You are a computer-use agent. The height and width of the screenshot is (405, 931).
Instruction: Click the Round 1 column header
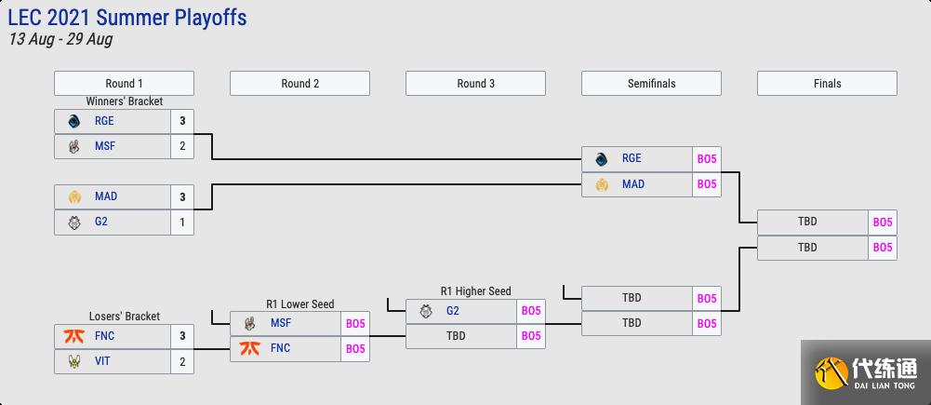coord(124,83)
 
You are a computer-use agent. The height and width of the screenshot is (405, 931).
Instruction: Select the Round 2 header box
coord(299,83)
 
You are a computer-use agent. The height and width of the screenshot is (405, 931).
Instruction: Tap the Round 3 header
coord(475,83)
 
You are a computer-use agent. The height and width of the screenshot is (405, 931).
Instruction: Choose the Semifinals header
coord(651,83)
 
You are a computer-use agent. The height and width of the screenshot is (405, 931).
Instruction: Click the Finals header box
coord(827,83)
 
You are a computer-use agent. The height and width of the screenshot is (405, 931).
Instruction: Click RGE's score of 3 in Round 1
coord(182,120)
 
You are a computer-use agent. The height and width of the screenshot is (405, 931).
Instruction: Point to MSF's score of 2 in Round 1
coord(182,146)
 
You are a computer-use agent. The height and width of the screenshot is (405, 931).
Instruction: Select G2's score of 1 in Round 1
coord(182,223)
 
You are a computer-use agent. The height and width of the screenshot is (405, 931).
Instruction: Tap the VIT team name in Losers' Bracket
coord(102,361)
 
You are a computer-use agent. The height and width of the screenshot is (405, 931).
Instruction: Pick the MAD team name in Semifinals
coord(632,184)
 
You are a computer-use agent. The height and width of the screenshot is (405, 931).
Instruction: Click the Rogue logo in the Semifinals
coord(602,158)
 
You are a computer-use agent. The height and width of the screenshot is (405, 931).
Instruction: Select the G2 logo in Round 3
coord(426,311)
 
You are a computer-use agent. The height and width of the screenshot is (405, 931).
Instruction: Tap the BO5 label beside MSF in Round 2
coord(355,324)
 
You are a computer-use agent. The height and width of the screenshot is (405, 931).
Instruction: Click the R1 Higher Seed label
coord(475,291)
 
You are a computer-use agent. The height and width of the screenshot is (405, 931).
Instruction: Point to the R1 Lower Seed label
coord(299,304)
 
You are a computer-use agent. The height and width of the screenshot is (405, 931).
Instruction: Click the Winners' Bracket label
coord(125,101)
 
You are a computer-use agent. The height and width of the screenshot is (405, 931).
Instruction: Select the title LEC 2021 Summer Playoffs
coord(127,18)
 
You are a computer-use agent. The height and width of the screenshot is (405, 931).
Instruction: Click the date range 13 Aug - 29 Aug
coord(60,40)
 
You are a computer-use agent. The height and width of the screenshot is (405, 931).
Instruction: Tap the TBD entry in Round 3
coord(456,336)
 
